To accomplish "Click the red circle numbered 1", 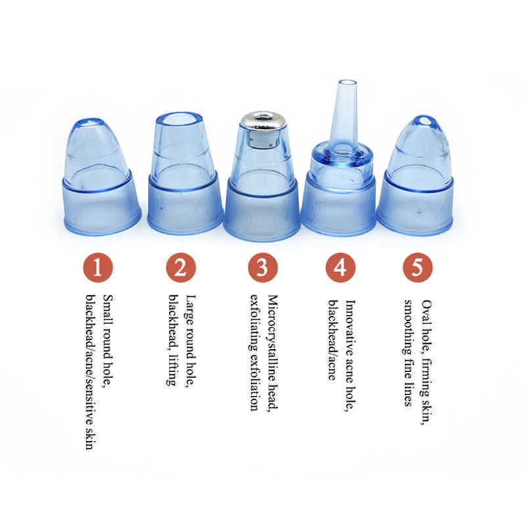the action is (x=97, y=268).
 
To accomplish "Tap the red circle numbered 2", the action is (x=181, y=268).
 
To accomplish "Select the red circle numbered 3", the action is (x=263, y=268).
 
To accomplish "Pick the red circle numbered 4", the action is (x=340, y=268).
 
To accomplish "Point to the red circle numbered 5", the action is (x=418, y=268).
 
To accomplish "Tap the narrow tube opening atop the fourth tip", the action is (x=347, y=84).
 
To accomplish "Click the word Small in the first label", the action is (x=108, y=310).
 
